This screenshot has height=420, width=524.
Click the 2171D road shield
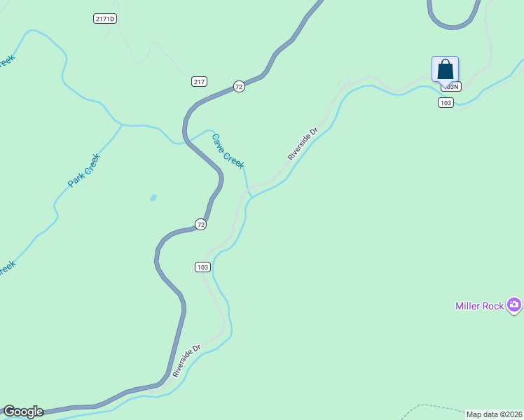pos(104,18)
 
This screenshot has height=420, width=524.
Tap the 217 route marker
pos(199,82)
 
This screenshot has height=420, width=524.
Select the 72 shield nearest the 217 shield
pos(239,87)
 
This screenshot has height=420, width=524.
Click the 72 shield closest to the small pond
pos(201,225)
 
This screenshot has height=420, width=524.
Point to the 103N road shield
pos(452,87)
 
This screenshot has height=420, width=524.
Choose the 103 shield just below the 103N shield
pos(446,103)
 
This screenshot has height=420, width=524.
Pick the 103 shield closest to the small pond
pos(202,267)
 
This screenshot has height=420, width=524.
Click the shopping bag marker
pos(445,70)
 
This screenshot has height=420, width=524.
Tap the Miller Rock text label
pos(480,306)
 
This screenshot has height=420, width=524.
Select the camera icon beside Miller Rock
pos(515,304)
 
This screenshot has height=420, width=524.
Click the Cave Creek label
pos(228,150)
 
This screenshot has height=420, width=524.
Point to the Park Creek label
pos(84,170)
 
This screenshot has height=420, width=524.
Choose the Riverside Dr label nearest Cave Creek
pos(303,143)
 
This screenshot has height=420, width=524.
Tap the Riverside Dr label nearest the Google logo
pos(187,360)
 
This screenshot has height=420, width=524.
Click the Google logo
pos(23,412)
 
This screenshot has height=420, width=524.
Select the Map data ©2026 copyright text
pos(494,414)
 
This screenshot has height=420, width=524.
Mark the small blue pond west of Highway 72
pos(153,198)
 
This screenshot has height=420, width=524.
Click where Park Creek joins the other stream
pos(122,125)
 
